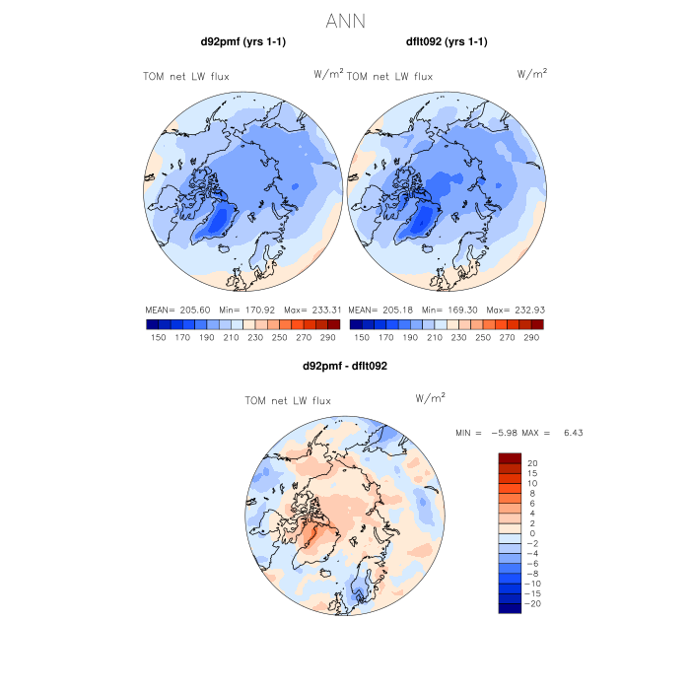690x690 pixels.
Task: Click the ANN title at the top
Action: coord(345,20)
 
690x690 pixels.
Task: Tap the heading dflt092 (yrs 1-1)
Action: coord(447,41)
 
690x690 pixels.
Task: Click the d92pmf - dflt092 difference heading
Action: coord(345,366)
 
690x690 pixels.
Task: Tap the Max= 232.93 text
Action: coord(519,310)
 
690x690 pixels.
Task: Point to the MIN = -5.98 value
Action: coord(482,434)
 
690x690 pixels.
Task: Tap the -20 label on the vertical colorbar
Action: coord(533,603)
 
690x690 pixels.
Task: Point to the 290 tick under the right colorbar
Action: coord(531,337)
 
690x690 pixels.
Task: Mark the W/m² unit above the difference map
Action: coord(431,398)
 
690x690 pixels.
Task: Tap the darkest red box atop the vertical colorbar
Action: coord(509,457)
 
